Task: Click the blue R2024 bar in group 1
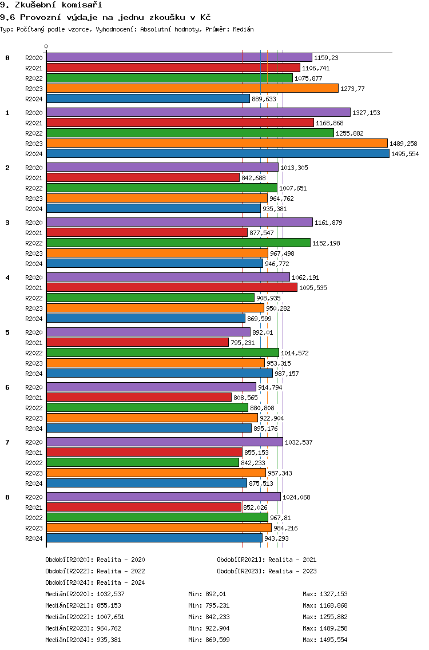218,154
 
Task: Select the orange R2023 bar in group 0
192,88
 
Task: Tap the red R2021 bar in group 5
138,342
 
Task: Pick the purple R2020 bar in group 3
180,222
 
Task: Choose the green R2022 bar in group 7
142,463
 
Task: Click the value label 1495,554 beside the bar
405,154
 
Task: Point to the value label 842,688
253,178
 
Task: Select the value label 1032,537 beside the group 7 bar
299,442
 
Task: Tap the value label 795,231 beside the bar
243,343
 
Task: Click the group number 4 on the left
7,278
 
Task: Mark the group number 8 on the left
7,497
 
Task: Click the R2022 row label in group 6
34,408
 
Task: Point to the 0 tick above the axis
46,46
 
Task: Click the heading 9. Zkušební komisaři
51,5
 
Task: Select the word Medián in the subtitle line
243,29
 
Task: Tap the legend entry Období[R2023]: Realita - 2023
267,571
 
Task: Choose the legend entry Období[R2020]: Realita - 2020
95,560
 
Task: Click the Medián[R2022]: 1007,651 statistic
85,617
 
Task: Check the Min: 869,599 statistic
209,640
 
